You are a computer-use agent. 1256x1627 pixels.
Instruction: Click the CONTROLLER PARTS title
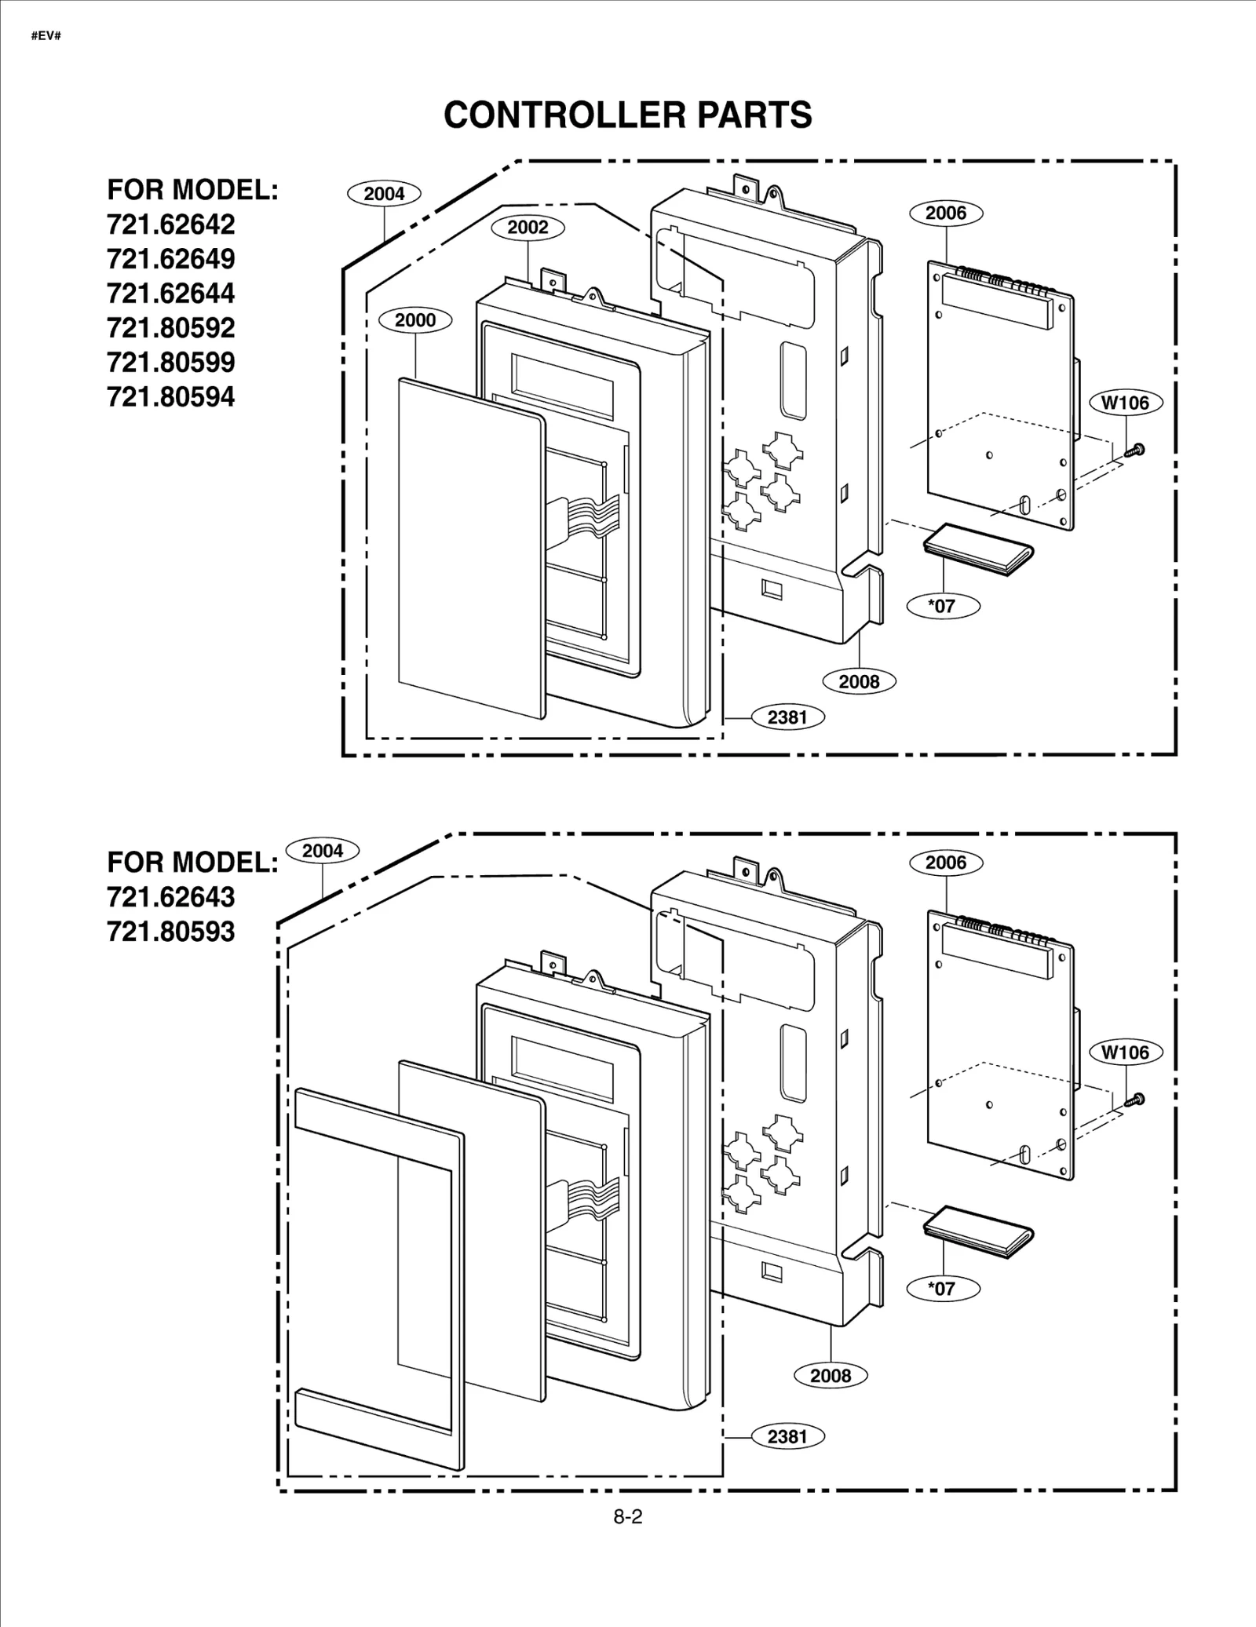627,115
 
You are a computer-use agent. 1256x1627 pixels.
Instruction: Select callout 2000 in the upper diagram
414,320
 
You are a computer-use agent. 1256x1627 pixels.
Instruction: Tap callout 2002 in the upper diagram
528,228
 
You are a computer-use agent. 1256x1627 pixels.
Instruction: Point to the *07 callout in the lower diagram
942,1288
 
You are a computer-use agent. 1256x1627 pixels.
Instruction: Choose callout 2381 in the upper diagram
787,717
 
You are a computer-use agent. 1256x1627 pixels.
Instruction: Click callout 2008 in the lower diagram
830,1375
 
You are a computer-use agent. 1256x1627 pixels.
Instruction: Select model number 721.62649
171,259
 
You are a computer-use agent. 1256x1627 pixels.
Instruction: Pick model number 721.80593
171,932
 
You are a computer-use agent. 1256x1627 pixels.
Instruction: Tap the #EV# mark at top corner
46,36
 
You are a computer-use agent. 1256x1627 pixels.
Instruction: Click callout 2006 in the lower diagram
945,863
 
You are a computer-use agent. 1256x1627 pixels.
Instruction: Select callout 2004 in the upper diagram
384,194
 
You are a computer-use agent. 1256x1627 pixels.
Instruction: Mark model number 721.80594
171,397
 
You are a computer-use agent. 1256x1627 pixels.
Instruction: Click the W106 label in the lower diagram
1125,1052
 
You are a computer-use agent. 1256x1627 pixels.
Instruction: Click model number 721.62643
171,897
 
